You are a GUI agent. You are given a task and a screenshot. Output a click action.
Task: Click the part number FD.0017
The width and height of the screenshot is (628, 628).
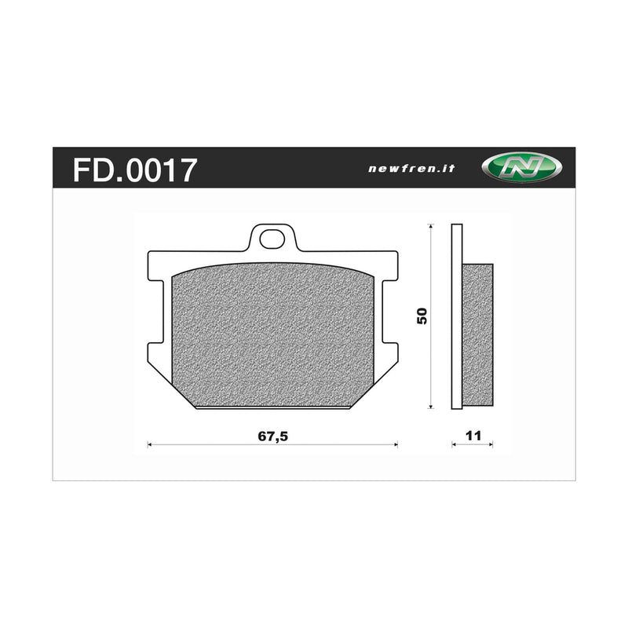point(134,169)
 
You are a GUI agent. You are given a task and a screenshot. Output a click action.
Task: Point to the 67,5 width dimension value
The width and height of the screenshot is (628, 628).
point(273,436)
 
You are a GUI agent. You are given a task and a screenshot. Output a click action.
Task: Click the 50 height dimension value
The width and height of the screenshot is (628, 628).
point(422,316)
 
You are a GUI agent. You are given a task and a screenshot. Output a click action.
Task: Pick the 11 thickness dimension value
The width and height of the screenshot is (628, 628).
point(473,436)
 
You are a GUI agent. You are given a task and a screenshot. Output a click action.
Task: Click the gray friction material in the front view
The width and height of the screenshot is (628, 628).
point(273,338)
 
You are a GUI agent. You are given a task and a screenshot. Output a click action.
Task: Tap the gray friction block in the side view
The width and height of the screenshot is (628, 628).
point(477,334)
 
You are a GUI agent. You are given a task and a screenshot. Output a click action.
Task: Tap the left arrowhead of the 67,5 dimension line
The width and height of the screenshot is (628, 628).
point(151,445)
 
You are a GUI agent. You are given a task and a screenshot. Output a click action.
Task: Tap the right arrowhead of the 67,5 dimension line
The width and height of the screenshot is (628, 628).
point(396,445)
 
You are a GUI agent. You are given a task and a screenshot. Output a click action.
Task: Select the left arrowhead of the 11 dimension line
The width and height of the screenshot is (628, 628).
point(454,445)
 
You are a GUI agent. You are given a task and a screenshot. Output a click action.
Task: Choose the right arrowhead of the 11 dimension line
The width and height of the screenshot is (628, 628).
point(491,445)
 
